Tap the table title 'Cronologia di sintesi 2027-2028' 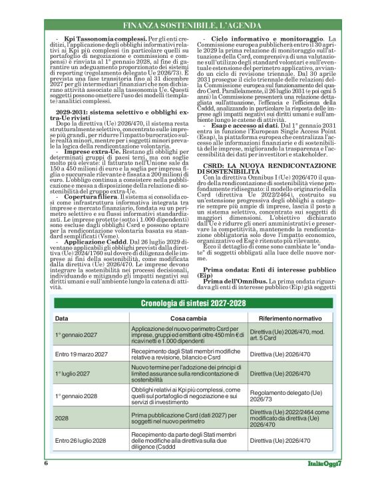[193, 304]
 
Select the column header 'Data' [61, 319]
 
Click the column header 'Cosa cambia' [172, 319]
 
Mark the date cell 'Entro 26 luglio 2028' [81, 441]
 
